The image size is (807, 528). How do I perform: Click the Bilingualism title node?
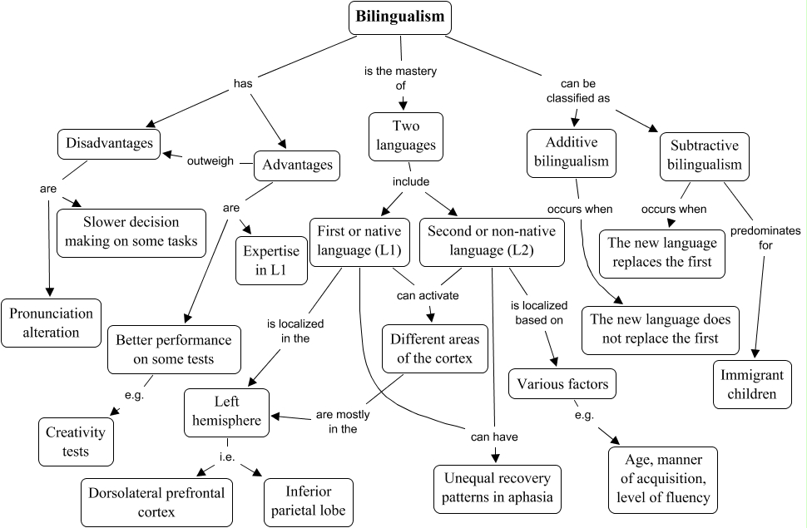click(399, 17)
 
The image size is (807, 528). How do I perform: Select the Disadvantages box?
click(108, 143)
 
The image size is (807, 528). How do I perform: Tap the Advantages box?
click(297, 165)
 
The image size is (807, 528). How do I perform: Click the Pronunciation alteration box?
click(51, 323)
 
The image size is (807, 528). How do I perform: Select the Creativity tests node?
click(76, 442)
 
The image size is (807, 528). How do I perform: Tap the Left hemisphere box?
click(227, 412)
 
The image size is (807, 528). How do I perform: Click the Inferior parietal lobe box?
click(308, 501)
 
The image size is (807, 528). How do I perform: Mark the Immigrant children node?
click(752, 384)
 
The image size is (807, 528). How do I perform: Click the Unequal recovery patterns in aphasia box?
click(498, 488)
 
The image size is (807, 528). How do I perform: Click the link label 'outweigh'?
click(210, 160)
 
